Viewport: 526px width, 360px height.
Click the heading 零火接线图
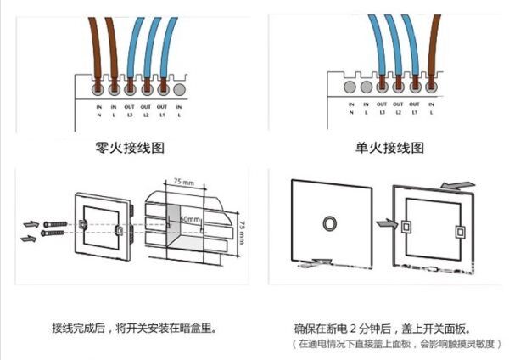tap(130, 148)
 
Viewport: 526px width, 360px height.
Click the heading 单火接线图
tap(389, 148)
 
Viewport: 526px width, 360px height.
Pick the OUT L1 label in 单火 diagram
tap(416, 110)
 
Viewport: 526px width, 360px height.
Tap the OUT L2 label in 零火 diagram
tap(146, 110)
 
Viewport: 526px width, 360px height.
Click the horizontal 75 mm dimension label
tap(183, 183)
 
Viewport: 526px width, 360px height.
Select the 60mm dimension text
tap(190, 219)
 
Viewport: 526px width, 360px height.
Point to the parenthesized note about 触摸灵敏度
tap(397, 343)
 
